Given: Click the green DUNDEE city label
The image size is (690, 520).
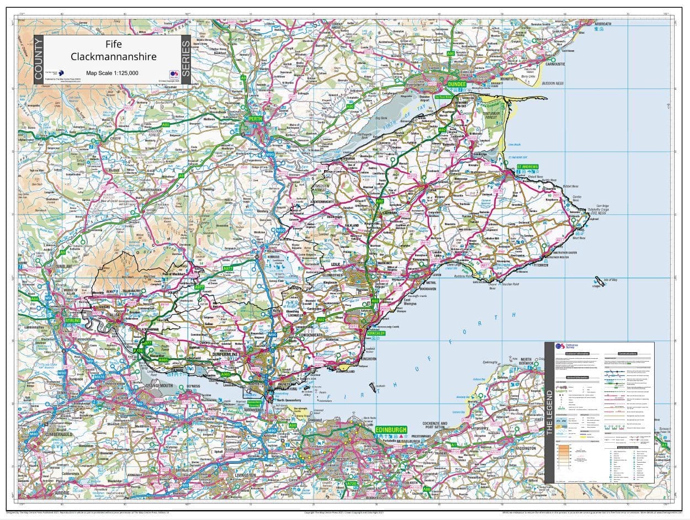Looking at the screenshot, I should [x=458, y=84].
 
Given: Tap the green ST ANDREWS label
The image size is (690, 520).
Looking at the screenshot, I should [x=527, y=167].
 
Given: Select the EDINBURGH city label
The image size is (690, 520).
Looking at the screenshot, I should [x=391, y=429].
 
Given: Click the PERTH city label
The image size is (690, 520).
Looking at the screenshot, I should [x=256, y=119].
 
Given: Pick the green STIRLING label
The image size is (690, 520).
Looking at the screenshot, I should [x=73, y=320].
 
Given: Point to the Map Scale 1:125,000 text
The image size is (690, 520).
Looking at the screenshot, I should [x=112, y=73].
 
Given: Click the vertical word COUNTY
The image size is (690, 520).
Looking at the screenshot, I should [x=38, y=60].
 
